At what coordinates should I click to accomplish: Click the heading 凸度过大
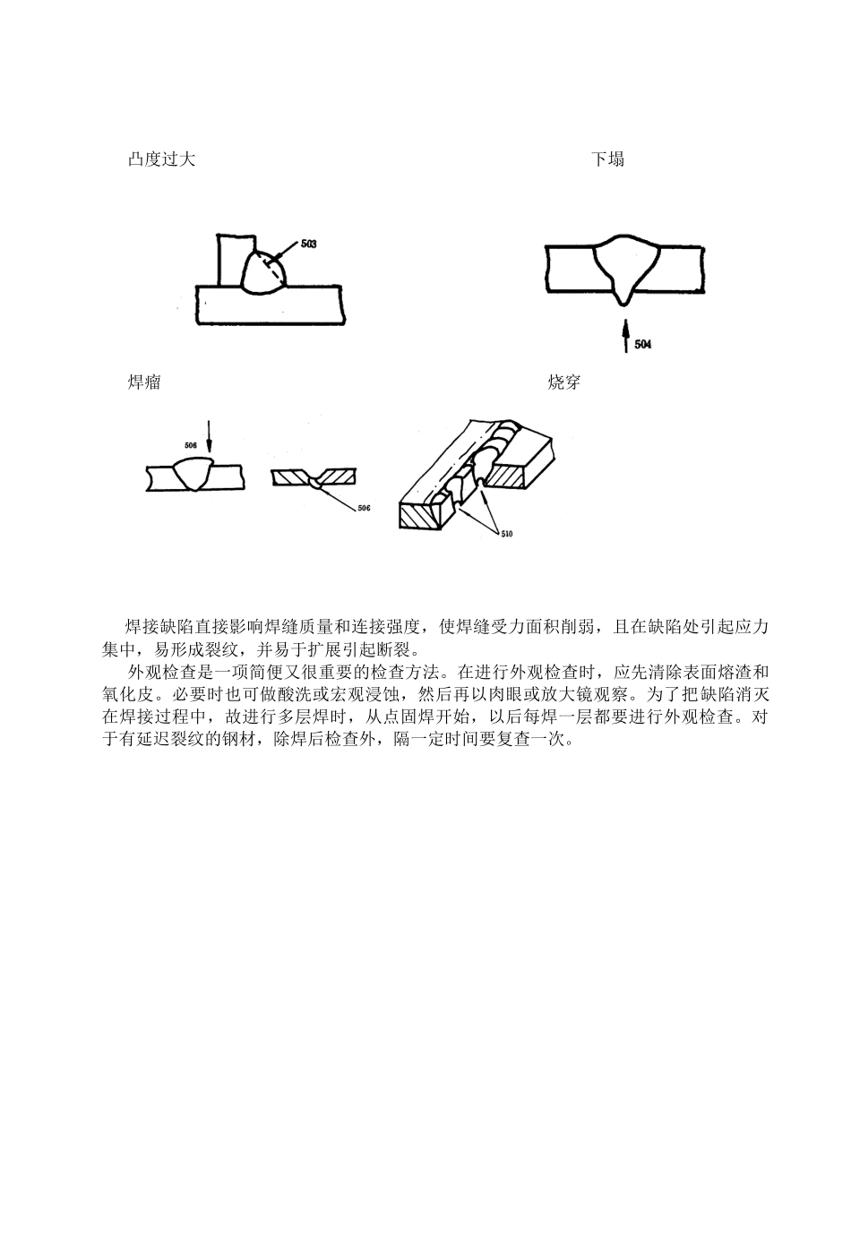[x=161, y=159]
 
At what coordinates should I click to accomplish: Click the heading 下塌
[x=607, y=159]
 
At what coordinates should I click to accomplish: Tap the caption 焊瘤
[x=144, y=382]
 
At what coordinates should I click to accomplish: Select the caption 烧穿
[x=563, y=382]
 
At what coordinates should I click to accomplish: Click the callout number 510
[x=506, y=535]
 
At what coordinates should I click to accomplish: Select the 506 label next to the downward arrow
[x=191, y=444]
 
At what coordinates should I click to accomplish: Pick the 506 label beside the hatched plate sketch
[x=363, y=508]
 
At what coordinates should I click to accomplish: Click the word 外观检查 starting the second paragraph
[x=161, y=672]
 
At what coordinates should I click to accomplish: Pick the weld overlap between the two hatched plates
[x=315, y=484]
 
